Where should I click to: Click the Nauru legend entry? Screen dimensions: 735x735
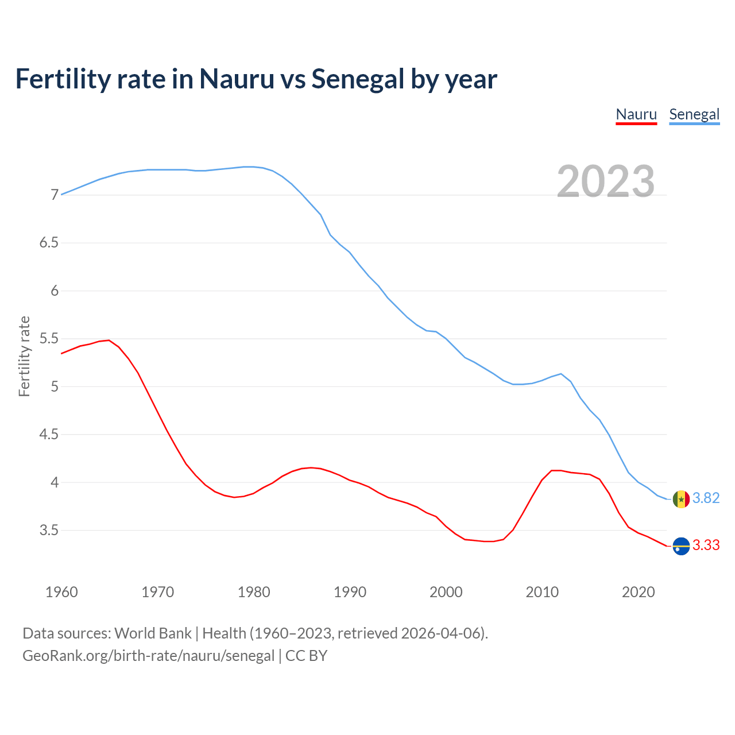point(636,114)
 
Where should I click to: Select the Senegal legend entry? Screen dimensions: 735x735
point(694,114)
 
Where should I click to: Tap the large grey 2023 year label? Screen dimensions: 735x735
point(606,181)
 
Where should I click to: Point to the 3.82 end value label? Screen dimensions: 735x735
point(706,498)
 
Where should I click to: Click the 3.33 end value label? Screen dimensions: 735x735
point(706,545)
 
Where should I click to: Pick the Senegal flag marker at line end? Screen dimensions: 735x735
point(681,499)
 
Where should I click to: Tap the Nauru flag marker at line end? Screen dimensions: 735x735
point(681,546)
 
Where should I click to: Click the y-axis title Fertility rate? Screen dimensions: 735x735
point(24,356)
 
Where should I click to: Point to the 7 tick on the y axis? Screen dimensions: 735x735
point(55,195)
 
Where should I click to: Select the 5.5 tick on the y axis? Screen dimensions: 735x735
point(49,339)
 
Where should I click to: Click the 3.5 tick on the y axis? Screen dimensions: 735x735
point(49,530)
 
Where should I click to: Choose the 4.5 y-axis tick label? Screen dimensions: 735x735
point(49,435)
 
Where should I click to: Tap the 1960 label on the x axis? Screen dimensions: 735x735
point(61,592)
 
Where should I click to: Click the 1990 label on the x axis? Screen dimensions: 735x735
point(350,592)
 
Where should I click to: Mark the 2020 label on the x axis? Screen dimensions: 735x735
point(638,592)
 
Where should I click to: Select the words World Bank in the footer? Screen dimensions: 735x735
point(153,633)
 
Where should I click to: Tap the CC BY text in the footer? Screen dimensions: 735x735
point(306,656)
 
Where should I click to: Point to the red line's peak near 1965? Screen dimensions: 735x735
point(109,340)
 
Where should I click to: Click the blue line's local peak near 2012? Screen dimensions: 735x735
point(560,374)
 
